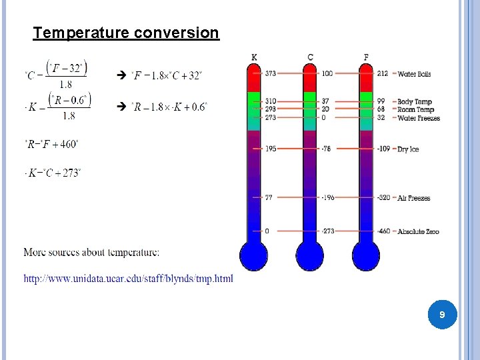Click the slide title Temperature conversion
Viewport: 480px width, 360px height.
point(126,33)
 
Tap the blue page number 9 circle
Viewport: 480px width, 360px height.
point(441,314)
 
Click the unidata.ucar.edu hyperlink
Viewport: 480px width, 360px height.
point(129,279)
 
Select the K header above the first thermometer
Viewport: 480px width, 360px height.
point(254,57)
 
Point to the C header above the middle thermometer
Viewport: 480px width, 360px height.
point(310,57)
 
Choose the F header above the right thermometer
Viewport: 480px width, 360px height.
point(366,57)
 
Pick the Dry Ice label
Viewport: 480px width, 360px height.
point(408,149)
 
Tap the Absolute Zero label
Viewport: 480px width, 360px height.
point(418,231)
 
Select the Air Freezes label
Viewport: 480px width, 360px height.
point(413,198)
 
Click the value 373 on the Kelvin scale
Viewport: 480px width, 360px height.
point(270,73)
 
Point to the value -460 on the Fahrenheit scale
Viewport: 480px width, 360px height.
point(383,231)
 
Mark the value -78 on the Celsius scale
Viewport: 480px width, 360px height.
point(326,149)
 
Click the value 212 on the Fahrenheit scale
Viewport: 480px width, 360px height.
point(382,73)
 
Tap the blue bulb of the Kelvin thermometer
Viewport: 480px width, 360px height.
point(254,255)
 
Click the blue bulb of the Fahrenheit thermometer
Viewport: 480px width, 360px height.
point(366,255)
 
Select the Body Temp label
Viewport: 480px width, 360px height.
point(415,102)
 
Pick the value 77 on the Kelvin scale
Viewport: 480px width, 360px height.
point(269,198)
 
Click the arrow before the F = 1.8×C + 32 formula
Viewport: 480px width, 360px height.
point(121,75)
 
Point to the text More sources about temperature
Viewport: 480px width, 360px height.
point(91,252)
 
